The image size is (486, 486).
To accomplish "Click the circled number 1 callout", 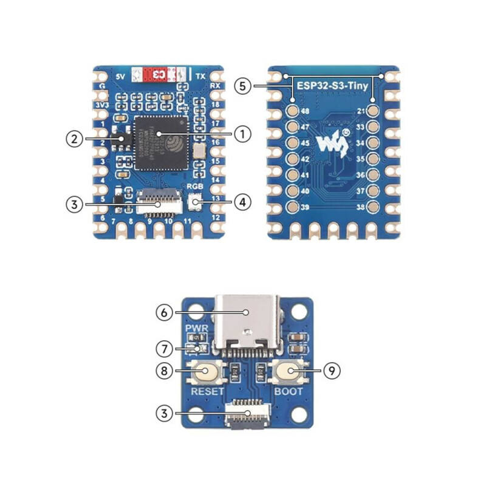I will [x=242, y=134].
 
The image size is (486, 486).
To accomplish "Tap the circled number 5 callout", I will [x=242, y=86].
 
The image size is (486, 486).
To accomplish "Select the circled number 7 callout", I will [x=163, y=349].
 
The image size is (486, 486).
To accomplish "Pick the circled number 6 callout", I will [x=163, y=313].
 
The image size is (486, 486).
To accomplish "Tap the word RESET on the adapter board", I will [x=207, y=391].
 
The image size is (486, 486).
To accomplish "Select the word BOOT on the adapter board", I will [x=288, y=391].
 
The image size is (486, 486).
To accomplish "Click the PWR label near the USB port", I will [x=197, y=329].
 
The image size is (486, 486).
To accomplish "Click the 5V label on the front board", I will [x=120, y=76].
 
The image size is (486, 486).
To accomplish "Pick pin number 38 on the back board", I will [x=360, y=207].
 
